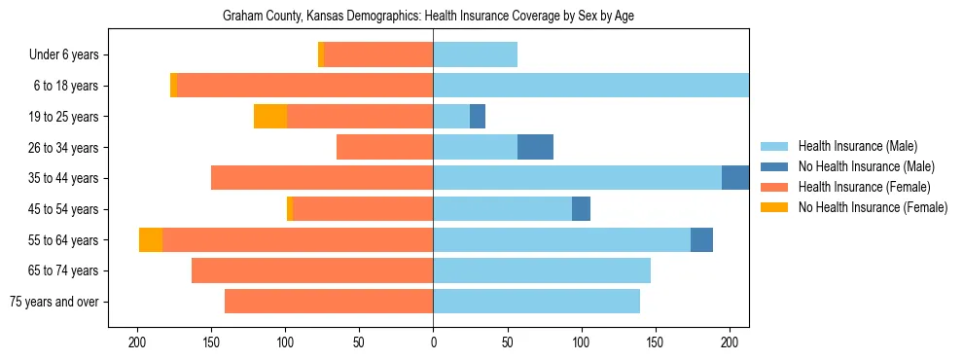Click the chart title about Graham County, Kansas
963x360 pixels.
(x=428, y=17)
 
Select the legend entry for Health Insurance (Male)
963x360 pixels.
(x=856, y=146)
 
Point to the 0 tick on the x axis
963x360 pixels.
(x=433, y=342)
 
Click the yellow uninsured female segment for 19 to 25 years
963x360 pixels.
(x=270, y=117)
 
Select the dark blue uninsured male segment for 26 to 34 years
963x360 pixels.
(x=535, y=147)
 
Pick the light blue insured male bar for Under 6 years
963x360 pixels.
(x=475, y=55)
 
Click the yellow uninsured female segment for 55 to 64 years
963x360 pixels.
(x=151, y=239)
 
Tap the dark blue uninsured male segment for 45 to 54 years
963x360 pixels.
(x=581, y=209)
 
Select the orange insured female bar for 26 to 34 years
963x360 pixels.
(x=384, y=147)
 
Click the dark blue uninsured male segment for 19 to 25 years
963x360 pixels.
(x=478, y=117)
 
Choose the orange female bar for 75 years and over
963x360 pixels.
(x=329, y=302)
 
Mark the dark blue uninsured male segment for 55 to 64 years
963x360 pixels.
(x=701, y=239)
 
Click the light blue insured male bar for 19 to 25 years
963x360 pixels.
(x=451, y=117)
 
